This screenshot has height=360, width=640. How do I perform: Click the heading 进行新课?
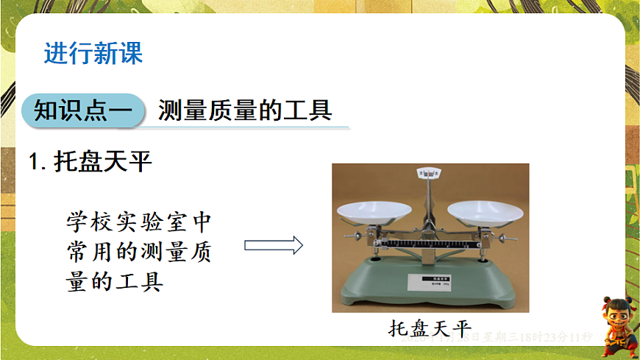click(x=93, y=54)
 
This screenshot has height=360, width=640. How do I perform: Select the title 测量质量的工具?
click(x=245, y=110)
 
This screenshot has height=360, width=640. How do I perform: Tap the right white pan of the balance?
click(x=485, y=210)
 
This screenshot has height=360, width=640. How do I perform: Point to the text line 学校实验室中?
click(x=140, y=220)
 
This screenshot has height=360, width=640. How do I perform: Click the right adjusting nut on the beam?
click(x=505, y=237)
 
